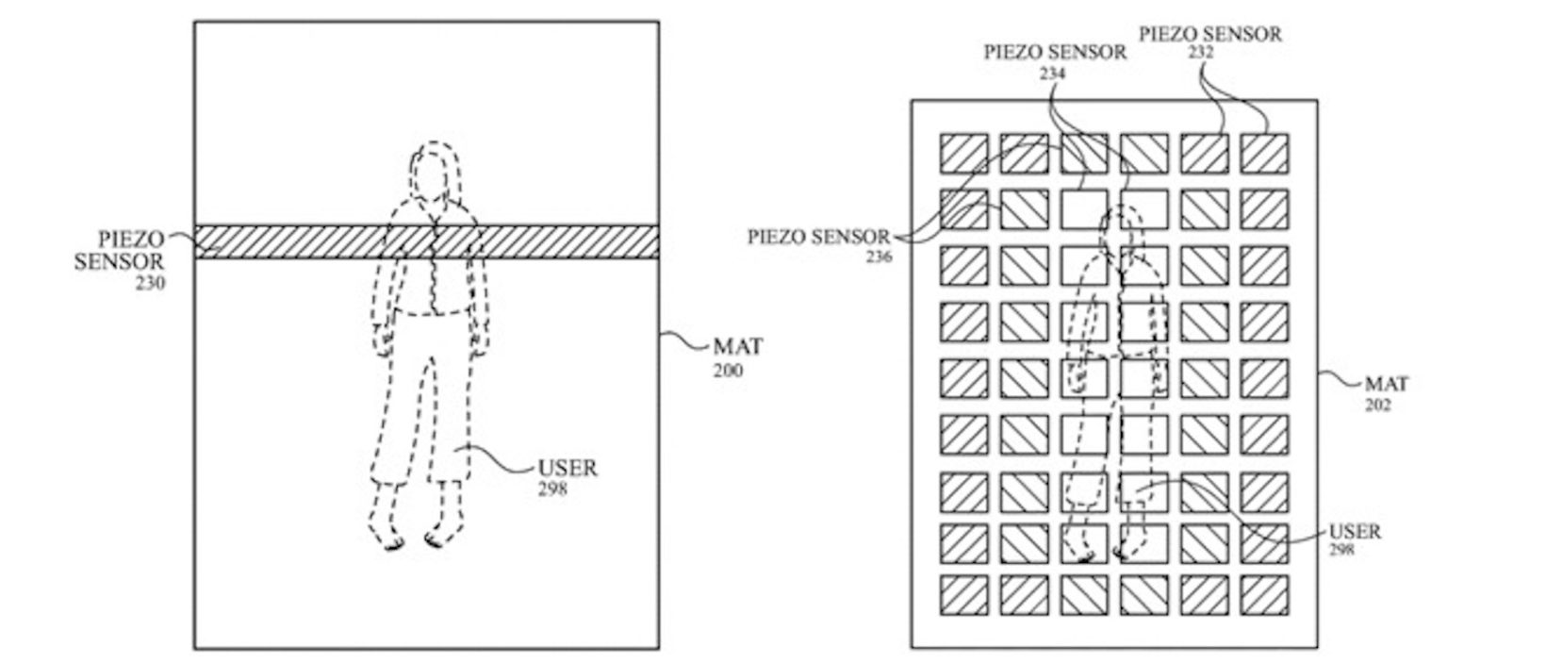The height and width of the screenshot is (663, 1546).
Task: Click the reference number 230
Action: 149,281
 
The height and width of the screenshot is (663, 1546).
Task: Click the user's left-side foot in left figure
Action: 394,541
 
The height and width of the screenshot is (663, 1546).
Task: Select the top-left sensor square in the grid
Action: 963,153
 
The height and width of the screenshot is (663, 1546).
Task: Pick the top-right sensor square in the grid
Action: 1265,153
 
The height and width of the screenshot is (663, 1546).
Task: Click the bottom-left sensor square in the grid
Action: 963,594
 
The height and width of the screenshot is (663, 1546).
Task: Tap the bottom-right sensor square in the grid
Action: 1265,594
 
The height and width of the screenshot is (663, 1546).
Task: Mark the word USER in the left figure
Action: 567,468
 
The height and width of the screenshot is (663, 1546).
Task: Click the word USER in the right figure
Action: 1355,531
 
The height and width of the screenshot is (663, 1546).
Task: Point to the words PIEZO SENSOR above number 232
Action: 1210,34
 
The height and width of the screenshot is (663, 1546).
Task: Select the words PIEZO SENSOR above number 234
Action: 1055,52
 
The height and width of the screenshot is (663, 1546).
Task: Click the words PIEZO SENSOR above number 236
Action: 818,236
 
